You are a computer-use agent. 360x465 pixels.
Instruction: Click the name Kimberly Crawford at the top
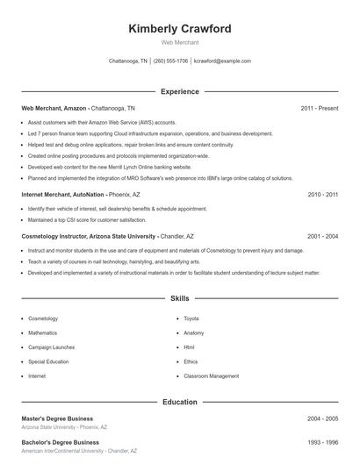coord(180,29)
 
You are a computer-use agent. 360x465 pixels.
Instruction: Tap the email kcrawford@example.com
coord(222,61)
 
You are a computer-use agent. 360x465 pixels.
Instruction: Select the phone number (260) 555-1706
coord(170,61)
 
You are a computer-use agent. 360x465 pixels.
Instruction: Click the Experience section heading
coord(180,91)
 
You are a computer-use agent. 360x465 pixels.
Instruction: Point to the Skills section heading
coord(180,299)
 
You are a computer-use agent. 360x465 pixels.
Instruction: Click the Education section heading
coord(180,402)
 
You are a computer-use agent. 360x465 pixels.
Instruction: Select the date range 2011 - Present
coord(319,108)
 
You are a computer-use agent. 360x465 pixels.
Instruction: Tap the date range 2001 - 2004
coord(323,236)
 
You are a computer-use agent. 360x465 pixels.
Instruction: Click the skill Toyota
coord(192,318)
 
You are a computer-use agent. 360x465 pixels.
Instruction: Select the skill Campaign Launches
coord(50,347)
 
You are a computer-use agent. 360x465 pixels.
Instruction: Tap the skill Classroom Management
coord(211,376)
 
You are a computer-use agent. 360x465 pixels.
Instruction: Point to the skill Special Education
coord(47,361)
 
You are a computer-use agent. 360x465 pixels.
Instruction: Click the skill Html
coord(189,347)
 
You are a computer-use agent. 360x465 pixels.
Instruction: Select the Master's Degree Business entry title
coord(57,418)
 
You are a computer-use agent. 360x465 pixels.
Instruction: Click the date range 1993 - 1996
coord(323,442)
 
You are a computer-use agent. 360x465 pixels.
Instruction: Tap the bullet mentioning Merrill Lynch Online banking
coord(110,166)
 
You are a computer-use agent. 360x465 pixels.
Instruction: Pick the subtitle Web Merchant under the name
coord(180,42)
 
